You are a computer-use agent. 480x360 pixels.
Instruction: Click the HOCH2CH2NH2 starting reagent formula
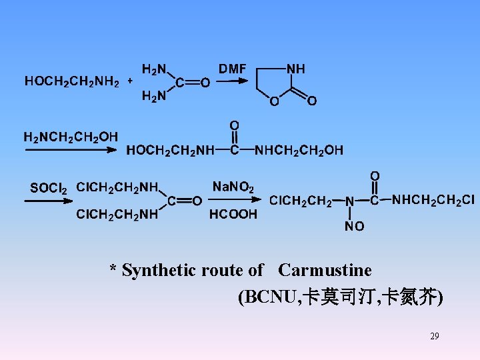tap(72, 82)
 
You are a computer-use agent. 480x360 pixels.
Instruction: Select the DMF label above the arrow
tap(233, 69)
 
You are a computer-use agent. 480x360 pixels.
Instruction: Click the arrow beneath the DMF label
tap(233, 81)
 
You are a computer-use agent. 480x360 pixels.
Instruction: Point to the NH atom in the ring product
tap(296, 69)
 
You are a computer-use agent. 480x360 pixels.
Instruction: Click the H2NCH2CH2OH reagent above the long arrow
tap(71, 137)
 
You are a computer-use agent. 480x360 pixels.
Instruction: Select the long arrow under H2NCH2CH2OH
tap(71, 151)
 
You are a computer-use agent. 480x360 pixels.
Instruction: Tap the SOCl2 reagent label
tap(49, 189)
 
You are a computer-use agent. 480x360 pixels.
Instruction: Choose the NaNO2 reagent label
tap(233, 187)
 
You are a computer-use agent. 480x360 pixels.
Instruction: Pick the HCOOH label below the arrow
tap(233, 214)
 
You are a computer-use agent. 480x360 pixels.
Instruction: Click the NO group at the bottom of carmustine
tap(354, 227)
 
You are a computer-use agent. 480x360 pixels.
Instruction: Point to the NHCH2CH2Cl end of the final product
tap(433, 199)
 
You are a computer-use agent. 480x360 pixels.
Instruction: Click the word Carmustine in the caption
tap(325, 270)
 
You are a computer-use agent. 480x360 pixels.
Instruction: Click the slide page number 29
tap(435, 336)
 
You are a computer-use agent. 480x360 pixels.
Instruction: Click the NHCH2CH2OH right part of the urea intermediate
tap(299, 151)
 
